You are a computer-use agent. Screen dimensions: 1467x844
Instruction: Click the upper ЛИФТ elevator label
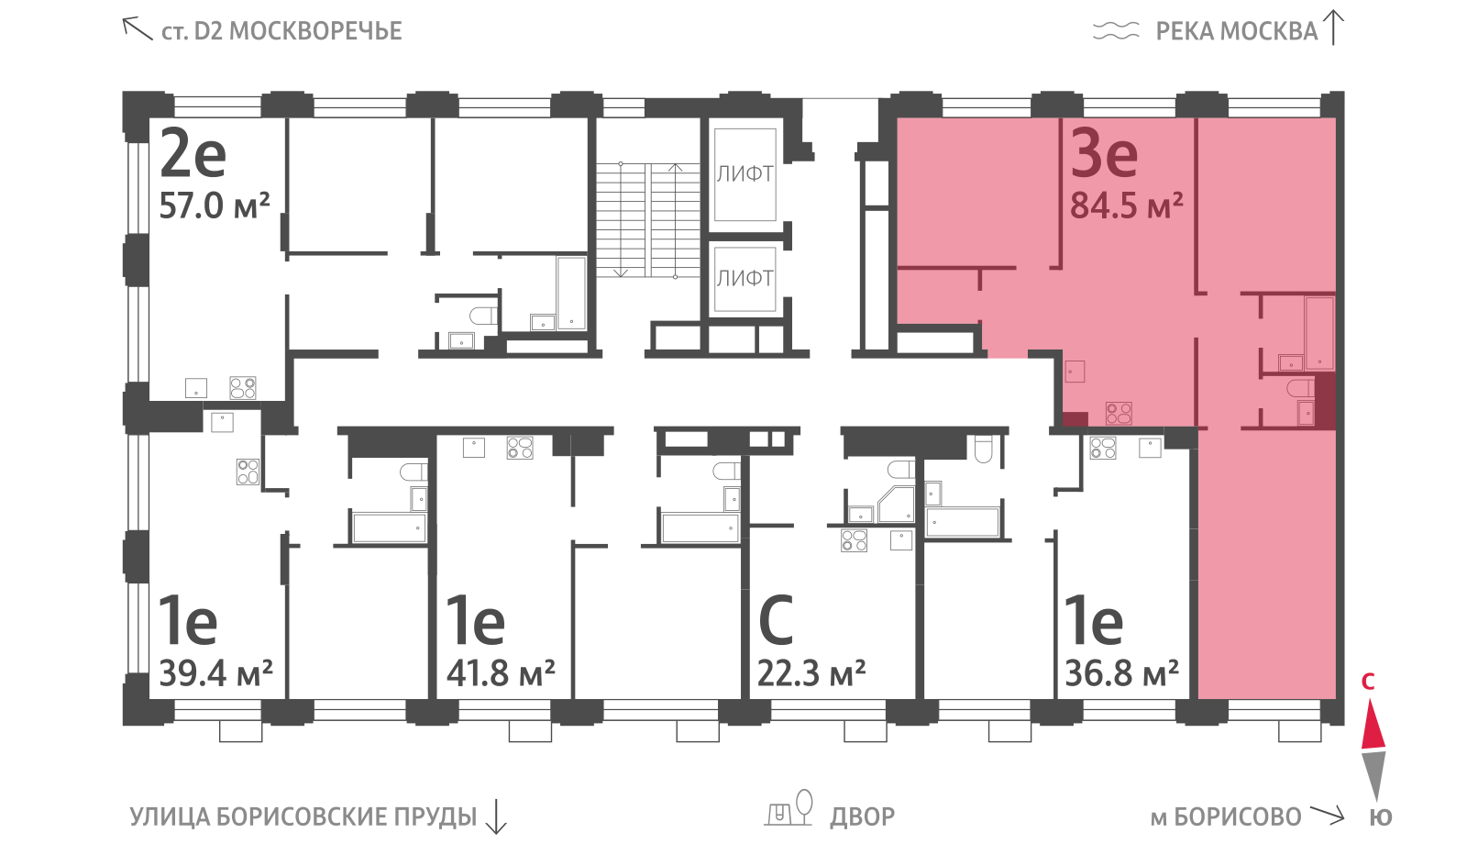click(x=745, y=173)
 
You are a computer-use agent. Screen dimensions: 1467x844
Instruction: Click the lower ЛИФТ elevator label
click(x=745, y=279)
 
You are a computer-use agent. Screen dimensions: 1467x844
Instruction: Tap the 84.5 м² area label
click(x=1127, y=205)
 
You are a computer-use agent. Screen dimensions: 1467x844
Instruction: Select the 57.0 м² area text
click(x=215, y=205)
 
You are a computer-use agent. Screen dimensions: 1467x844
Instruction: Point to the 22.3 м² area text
click(x=811, y=672)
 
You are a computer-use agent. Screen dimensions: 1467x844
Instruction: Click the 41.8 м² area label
click(x=501, y=672)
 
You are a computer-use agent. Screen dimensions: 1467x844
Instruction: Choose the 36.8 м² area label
click(x=1122, y=672)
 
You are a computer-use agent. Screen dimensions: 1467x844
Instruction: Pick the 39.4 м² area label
click(x=215, y=672)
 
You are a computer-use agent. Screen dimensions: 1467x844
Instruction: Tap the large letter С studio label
click(x=776, y=620)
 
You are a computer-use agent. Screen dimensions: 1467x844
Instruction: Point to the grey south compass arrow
click(x=1373, y=776)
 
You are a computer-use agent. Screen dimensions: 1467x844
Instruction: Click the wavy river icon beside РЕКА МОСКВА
click(x=1116, y=31)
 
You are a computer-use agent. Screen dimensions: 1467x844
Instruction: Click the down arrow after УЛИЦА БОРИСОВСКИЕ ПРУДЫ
click(x=496, y=816)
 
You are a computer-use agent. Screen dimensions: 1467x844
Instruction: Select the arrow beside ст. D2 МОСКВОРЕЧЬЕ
click(x=138, y=28)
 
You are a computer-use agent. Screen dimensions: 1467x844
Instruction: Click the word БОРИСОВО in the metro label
click(x=1237, y=817)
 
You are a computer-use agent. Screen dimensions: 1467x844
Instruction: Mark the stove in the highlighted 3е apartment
click(x=1119, y=414)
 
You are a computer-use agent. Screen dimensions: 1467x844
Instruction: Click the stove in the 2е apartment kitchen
click(x=242, y=388)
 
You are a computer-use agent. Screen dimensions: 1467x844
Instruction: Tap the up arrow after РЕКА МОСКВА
click(x=1333, y=28)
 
